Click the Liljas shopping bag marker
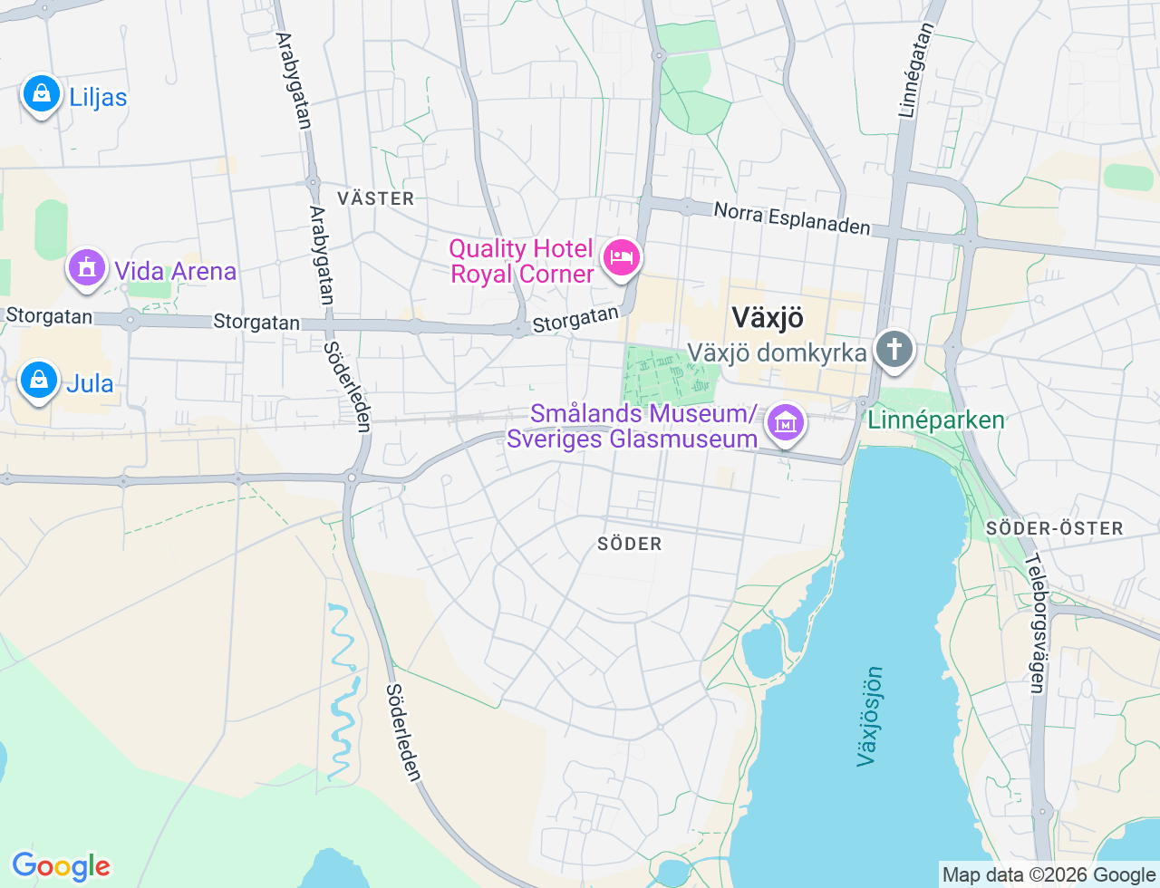click(41, 94)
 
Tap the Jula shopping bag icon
click(39, 381)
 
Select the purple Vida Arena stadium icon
click(87, 268)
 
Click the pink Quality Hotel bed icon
click(621, 258)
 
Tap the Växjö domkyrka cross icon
click(894, 350)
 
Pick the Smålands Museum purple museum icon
click(786, 422)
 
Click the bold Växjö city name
click(767, 318)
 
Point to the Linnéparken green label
click(936, 420)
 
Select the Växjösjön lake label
click(869, 716)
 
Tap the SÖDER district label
click(630, 544)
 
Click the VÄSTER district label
click(375, 198)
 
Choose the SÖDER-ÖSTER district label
click(1054, 528)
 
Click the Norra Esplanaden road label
click(792, 217)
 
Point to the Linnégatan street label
click(916, 71)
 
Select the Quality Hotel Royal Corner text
click(521, 261)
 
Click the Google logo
click(61, 866)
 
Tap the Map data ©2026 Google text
click(1049, 874)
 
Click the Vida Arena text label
click(175, 271)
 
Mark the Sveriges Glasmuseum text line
click(632, 439)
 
